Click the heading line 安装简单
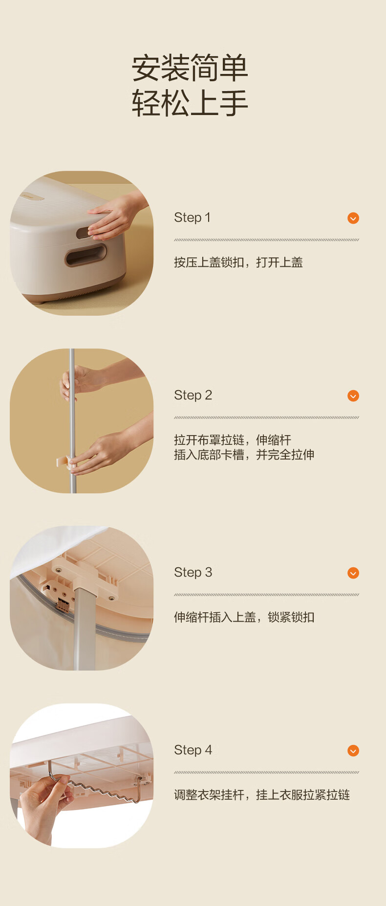(190, 68)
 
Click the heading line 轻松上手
(190, 103)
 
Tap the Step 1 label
(192, 218)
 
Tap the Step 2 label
(193, 395)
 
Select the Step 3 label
(193, 573)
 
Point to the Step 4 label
(193, 750)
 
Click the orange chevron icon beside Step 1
(353, 218)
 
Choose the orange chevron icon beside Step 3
(353, 573)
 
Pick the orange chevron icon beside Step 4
(353, 751)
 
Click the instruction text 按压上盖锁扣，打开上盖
(238, 262)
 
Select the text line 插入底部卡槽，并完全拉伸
(244, 455)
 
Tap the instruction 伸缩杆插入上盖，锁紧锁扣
(244, 617)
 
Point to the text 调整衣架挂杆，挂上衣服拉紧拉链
(262, 795)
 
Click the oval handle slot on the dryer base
(86, 256)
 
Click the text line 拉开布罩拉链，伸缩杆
(233, 440)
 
